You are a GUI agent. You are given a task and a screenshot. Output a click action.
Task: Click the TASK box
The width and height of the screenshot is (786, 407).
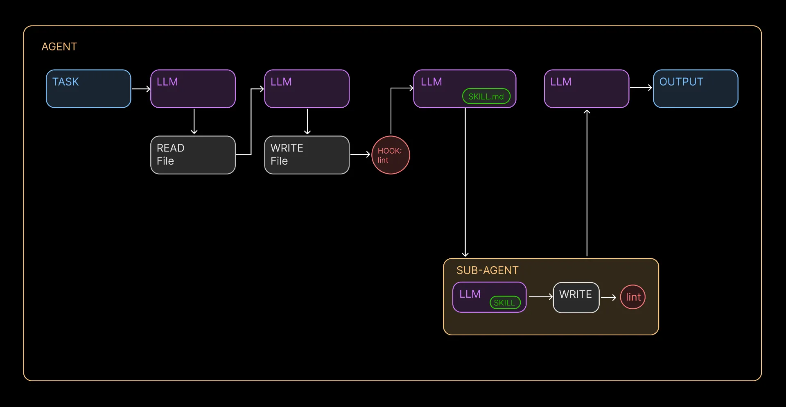[88, 89]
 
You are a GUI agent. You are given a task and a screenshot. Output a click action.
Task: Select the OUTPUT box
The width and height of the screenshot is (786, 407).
[695, 89]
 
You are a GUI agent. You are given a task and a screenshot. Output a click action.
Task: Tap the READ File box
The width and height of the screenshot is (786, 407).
[193, 155]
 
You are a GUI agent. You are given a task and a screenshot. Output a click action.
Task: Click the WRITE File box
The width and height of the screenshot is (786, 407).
[307, 155]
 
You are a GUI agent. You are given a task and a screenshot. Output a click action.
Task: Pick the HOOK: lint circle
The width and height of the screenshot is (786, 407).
[391, 155]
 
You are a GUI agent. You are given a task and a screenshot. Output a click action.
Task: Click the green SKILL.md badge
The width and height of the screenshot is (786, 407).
[486, 97]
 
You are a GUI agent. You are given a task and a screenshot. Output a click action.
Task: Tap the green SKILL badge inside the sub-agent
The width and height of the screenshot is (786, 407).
[505, 303]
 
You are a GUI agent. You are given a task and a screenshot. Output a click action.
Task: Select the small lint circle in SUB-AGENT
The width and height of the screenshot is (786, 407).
[633, 297]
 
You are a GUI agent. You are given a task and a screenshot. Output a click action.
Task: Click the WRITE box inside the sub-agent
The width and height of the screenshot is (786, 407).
[576, 297]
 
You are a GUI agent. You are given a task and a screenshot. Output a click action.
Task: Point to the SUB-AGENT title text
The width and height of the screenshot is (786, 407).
[487, 270]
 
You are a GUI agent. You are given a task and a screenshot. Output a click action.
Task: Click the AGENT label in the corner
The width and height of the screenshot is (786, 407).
[59, 47]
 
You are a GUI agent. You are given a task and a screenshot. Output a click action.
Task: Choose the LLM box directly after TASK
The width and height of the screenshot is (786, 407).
[193, 89]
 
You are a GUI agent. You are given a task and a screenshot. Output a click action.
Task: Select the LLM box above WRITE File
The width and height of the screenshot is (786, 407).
[307, 89]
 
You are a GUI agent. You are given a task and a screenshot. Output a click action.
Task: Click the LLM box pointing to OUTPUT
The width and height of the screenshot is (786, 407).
[586, 89]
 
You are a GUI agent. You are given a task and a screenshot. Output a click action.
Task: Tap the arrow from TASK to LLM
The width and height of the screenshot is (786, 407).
[141, 89]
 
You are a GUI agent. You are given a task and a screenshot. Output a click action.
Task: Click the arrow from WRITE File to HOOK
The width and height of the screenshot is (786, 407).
[360, 154]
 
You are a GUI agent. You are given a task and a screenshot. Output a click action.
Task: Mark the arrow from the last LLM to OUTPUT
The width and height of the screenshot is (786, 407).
[641, 88]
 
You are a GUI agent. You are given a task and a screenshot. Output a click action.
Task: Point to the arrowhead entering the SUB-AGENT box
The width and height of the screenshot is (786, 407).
[465, 254]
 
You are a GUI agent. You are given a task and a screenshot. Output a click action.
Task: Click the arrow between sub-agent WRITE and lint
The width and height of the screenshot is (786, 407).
[609, 298]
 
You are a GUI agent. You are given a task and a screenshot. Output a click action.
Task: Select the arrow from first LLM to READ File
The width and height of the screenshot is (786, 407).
[194, 121]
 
